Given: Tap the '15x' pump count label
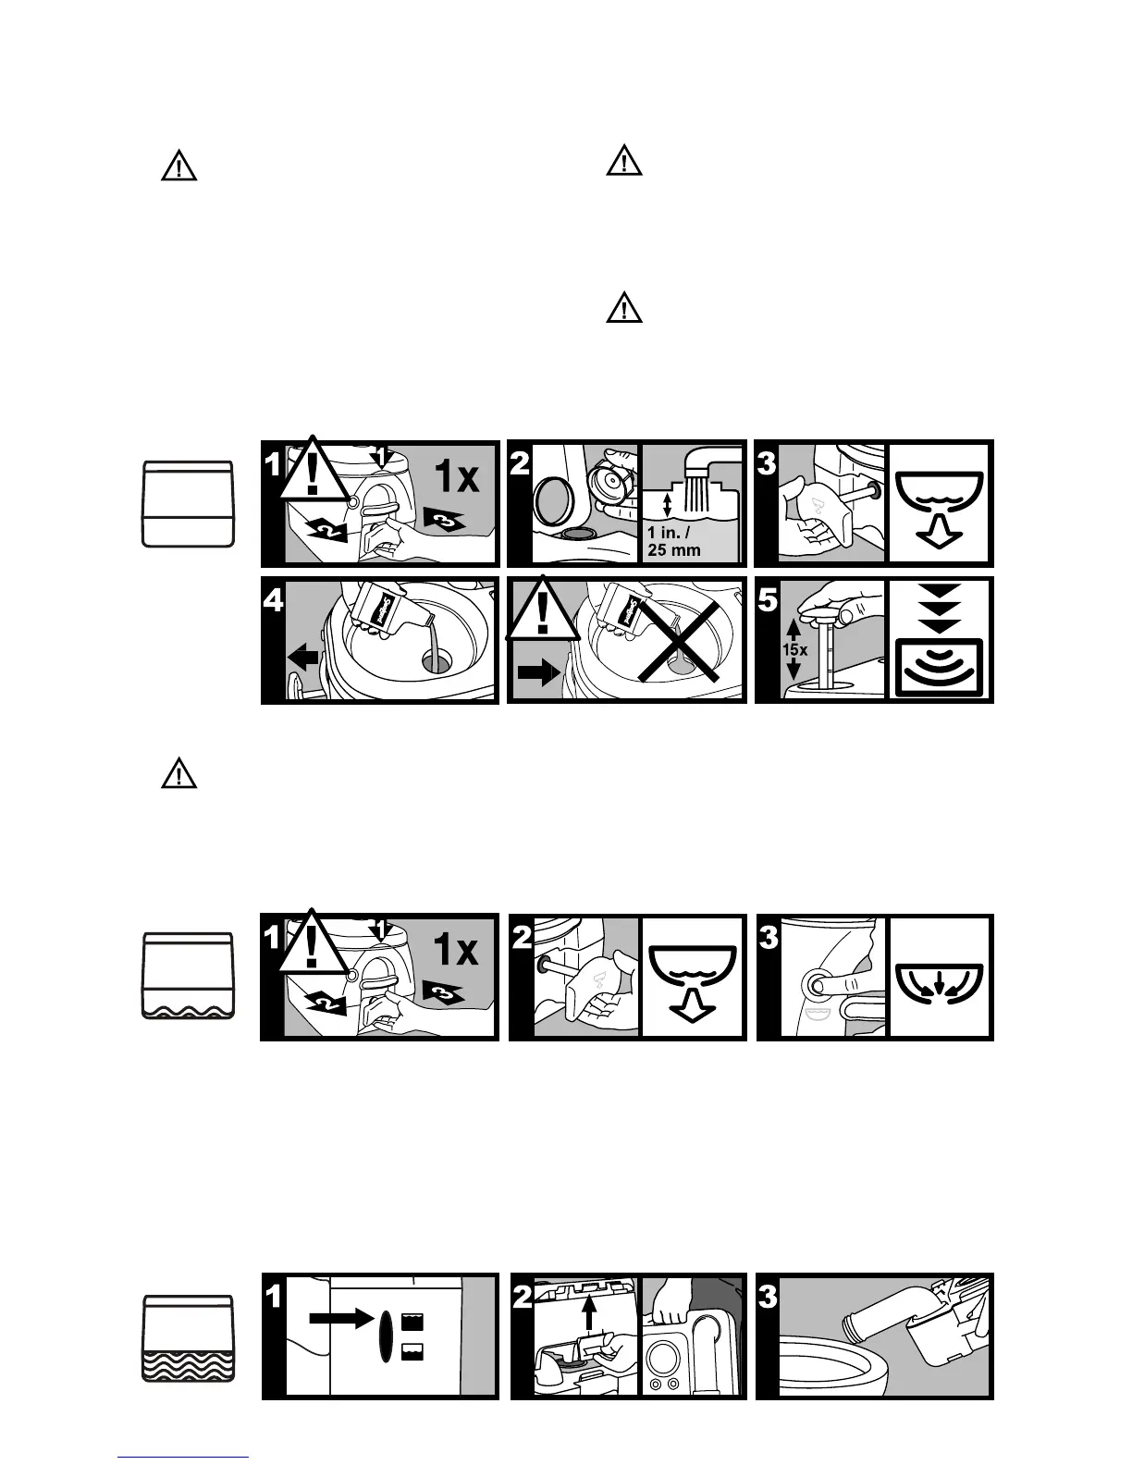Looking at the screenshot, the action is [794, 649].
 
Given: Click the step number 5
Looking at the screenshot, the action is [769, 601].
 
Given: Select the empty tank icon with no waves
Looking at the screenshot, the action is [190, 504].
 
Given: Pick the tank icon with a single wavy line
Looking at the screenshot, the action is [190, 976].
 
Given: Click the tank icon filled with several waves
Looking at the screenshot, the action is [190, 1338].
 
